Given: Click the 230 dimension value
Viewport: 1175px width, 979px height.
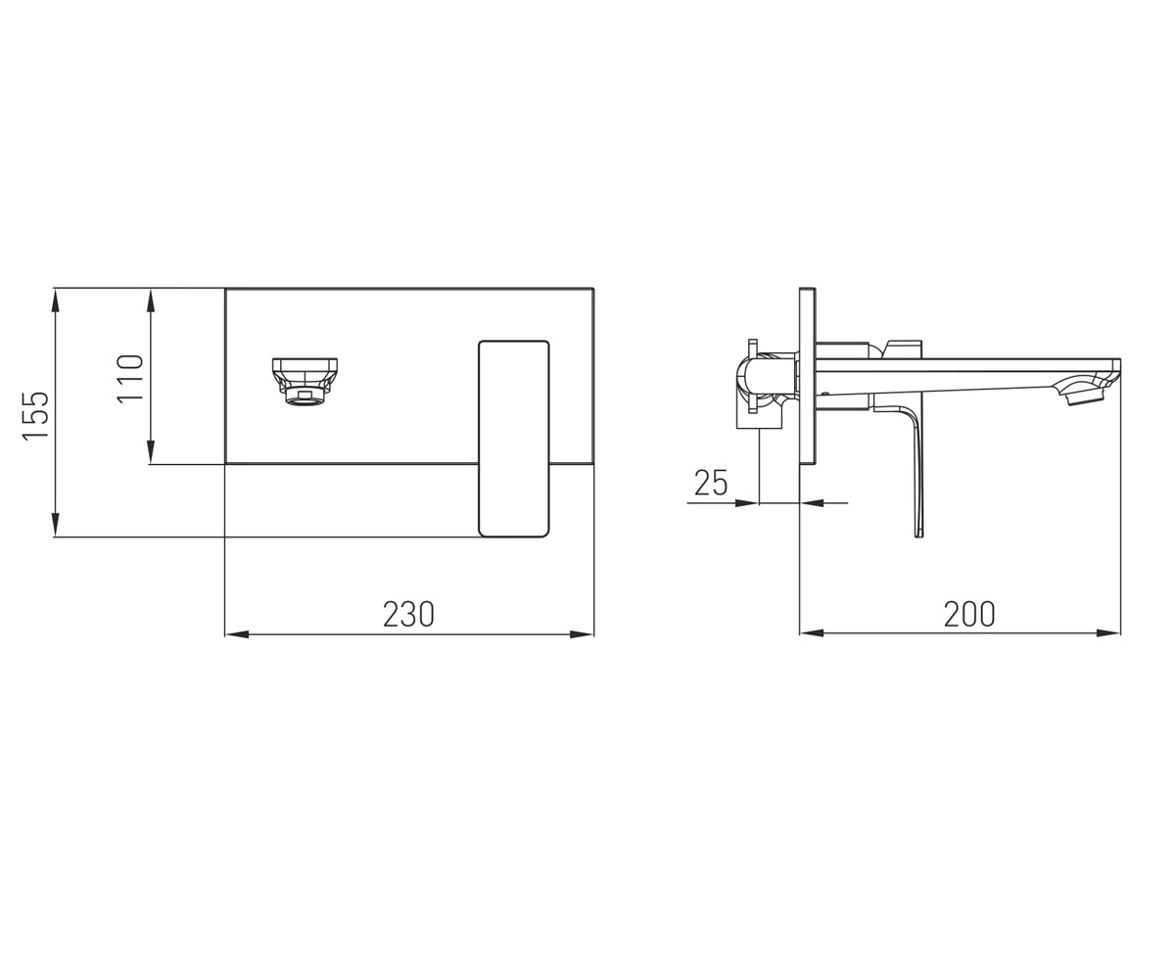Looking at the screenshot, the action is pyautogui.click(x=408, y=614).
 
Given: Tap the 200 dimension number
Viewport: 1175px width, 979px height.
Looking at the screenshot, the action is pyautogui.click(x=969, y=614).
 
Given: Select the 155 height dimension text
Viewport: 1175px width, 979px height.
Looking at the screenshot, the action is pyautogui.click(x=35, y=416).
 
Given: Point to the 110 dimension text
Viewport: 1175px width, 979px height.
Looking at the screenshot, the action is pyautogui.click(x=130, y=378).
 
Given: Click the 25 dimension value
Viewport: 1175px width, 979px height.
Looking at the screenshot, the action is pyautogui.click(x=711, y=483).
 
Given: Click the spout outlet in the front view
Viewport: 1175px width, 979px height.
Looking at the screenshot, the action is pyautogui.click(x=305, y=382).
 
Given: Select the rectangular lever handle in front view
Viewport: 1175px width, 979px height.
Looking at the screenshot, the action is pyautogui.click(x=513, y=439).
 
